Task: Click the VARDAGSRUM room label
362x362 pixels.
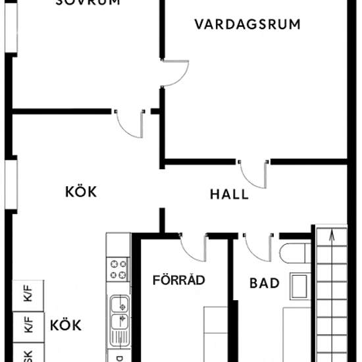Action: (247, 24)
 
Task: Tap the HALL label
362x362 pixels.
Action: (229, 194)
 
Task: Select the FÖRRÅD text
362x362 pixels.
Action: (179, 280)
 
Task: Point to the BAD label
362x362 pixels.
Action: (265, 284)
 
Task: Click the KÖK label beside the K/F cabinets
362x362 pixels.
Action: (65, 325)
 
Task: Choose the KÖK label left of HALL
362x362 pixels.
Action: (81, 192)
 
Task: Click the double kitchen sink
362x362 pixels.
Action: (119, 312)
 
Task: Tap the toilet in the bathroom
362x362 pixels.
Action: (295, 254)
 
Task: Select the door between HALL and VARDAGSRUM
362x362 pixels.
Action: (254, 172)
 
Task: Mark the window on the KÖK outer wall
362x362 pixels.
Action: (10, 184)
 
